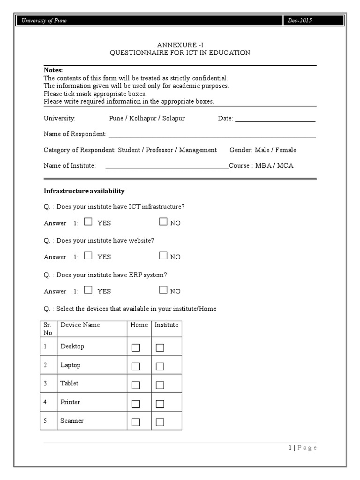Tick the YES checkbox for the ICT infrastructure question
point(88,222)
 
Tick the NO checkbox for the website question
point(163,255)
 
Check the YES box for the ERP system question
point(88,290)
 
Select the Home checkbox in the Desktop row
point(136,348)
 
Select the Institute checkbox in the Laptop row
point(160,367)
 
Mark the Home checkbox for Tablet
point(136,385)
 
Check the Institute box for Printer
point(160,404)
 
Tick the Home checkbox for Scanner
point(136,422)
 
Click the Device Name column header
point(80,325)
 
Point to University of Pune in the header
point(42,21)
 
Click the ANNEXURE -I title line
point(180,45)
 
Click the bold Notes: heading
point(53,70)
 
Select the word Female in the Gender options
point(286,150)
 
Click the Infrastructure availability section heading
point(84,191)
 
